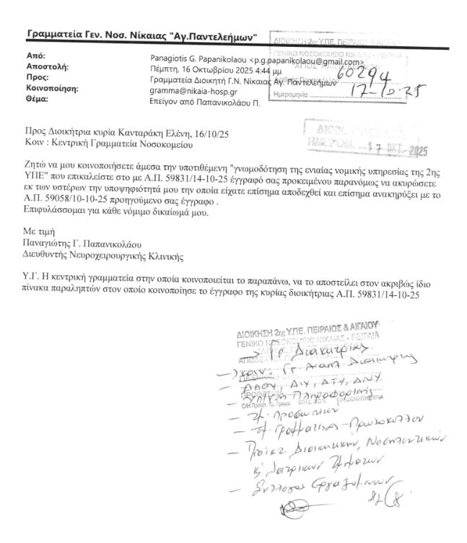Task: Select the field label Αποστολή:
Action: pos(46,66)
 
